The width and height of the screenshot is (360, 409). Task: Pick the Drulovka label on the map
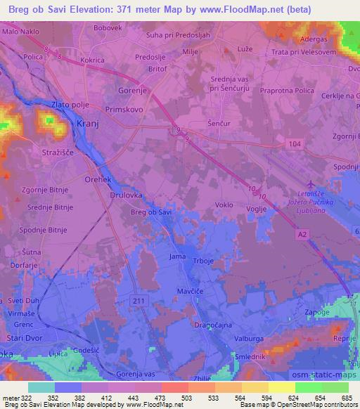(126, 196)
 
